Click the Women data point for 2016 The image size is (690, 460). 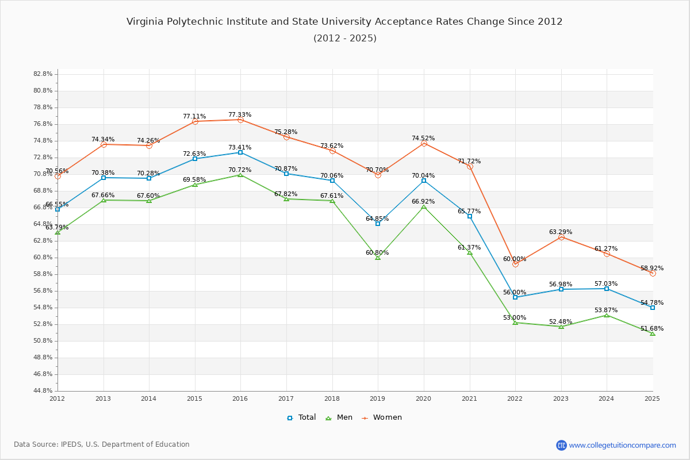240,120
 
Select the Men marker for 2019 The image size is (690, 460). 378,258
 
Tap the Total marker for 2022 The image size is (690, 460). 515,297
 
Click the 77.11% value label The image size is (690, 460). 194,116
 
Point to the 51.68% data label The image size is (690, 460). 652,329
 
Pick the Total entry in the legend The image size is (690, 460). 302,417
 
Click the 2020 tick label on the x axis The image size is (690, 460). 423,398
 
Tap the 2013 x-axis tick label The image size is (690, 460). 103,398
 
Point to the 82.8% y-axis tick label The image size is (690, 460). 43,74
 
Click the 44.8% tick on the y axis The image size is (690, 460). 43,391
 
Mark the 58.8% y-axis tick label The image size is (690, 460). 43,274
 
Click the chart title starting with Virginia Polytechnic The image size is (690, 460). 344,22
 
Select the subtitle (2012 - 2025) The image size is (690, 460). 344,39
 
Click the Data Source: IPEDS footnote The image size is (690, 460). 102,444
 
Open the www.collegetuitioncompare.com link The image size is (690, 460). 622,445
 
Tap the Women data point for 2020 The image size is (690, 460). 424,143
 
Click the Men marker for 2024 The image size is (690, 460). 607,315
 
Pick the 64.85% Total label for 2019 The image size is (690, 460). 377,218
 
